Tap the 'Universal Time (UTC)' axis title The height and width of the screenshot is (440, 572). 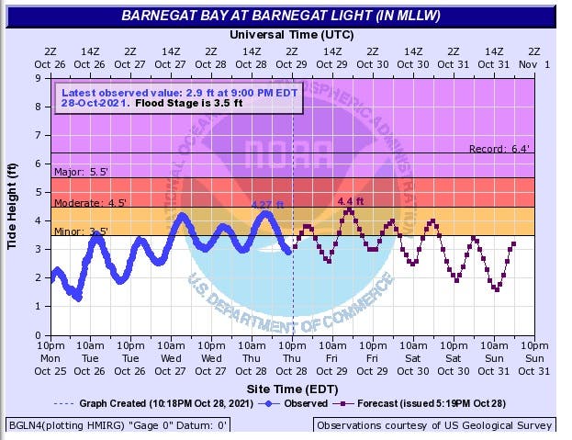291,33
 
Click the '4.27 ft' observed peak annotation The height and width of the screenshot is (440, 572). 267,206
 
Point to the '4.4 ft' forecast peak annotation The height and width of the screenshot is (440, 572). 351,201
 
